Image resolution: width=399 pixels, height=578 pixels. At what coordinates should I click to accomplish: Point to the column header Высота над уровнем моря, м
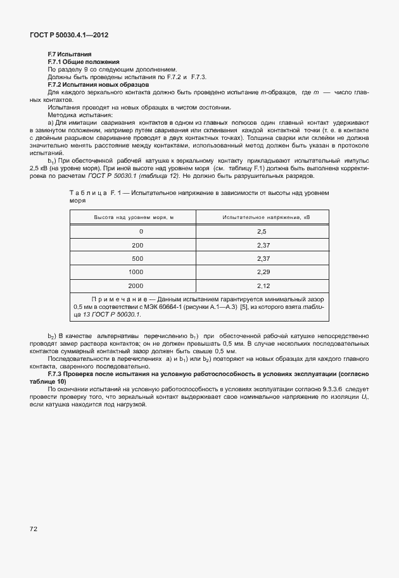[134, 217]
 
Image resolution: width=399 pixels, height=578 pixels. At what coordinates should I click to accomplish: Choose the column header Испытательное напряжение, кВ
[266, 217]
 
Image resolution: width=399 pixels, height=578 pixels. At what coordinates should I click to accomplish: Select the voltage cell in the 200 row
[264, 245]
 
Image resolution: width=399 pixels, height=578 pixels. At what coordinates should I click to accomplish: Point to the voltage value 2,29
[264, 272]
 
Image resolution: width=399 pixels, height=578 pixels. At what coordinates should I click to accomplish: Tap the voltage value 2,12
[264, 285]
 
